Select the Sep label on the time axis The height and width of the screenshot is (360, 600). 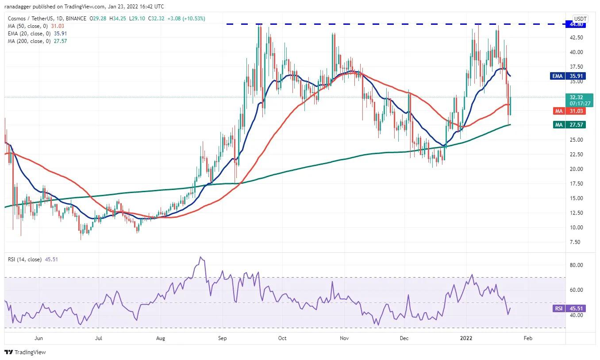coord(223,338)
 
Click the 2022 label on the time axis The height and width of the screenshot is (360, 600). coord(467,338)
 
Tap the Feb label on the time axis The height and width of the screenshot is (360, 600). coord(528,338)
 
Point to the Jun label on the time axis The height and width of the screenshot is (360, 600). coord(38,338)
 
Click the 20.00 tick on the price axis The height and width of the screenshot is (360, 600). coord(576,169)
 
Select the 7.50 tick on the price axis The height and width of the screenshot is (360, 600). coord(577,242)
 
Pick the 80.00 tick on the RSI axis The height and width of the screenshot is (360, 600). coord(576,265)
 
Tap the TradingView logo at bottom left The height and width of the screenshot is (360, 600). coord(26,352)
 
